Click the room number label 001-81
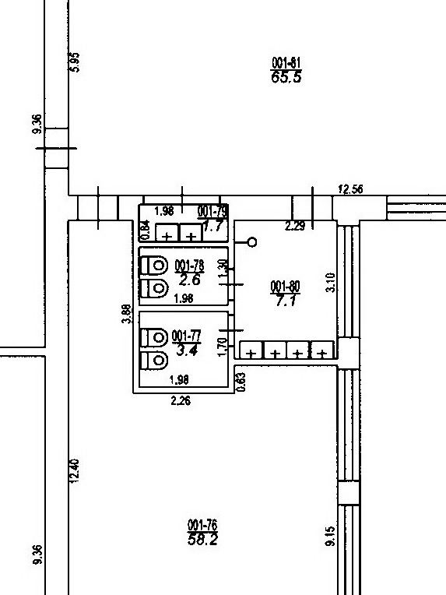286,62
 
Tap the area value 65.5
286,77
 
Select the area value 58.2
202,539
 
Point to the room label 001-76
202,525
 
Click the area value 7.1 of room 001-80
286,301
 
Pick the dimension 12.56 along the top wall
350,189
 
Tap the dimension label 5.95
75,62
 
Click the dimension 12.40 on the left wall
75,471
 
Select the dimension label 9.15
330,536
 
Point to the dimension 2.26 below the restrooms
181,401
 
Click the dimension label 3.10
330,283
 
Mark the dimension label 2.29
295,226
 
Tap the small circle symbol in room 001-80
252,242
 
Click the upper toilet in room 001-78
154,265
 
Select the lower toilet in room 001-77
154,360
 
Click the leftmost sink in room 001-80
251,350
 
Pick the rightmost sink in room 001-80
322,350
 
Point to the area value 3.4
187,350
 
